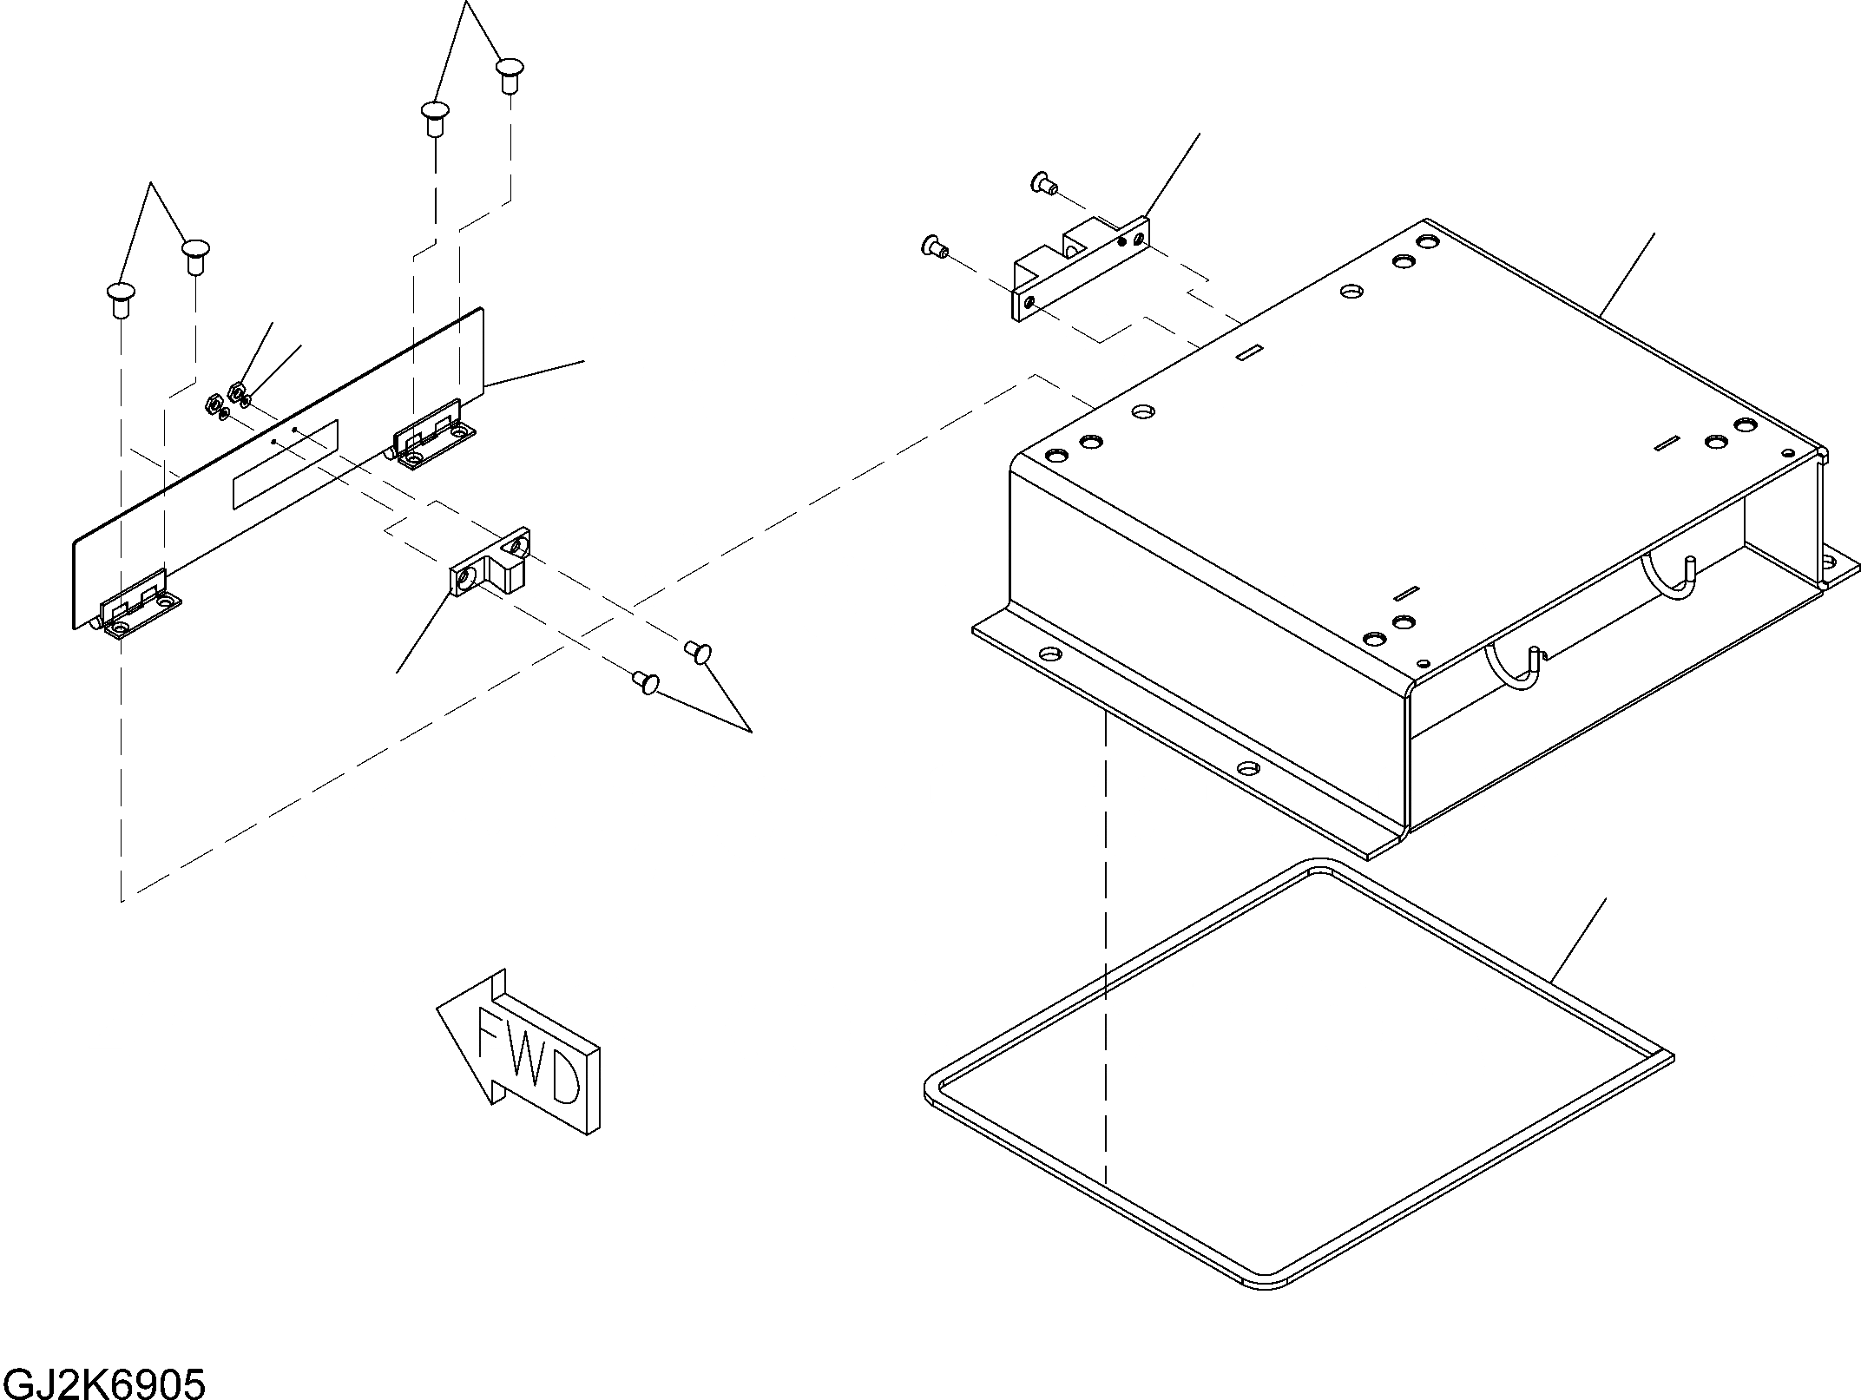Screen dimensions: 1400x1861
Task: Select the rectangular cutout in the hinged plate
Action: (285, 464)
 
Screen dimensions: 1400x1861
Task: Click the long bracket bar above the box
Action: (1081, 271)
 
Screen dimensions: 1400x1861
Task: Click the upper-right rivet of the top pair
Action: (510, 73)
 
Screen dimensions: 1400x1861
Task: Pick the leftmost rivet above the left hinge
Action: (121, 299)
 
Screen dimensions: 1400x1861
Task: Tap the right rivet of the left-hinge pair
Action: (195, 255)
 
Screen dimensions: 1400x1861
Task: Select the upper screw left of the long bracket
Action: (1042, 182)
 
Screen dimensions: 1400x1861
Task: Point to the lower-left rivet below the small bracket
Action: (645, 682)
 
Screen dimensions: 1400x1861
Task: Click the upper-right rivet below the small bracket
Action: (699, 650)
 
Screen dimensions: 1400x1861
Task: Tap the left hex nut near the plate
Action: (211, 404)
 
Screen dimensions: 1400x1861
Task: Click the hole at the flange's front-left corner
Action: (1049, 654)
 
